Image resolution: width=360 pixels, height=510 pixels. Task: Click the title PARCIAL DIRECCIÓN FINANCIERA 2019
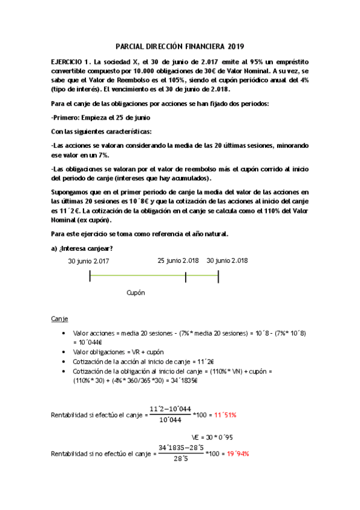click(180, 47)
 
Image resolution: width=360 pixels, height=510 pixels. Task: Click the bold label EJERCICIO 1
click(71, 62)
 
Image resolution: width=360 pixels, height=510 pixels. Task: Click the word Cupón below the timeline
click(136, 292)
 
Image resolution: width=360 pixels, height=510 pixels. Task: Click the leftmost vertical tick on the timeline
click(90, 276)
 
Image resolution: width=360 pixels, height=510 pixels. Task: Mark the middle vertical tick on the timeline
click(186, 276)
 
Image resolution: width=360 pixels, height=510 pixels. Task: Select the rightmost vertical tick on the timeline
click(218, 276)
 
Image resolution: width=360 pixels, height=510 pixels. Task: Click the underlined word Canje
click(60, 318)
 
